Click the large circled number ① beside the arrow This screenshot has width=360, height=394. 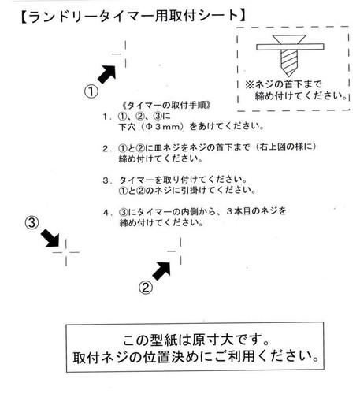click(91, 91)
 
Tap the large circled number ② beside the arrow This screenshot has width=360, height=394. click(146, 288)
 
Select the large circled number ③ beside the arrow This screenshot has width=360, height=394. click(32, 223)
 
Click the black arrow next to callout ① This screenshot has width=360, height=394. click(107, 74)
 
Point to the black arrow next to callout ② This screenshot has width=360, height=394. click(161, 271)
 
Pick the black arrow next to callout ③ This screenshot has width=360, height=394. click(50, 238)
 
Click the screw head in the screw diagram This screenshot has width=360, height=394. click(289, 39)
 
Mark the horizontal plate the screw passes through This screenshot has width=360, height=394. click(290, 47)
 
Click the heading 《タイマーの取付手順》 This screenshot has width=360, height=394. click(167, 106)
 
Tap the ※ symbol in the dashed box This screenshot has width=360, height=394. click(250, 84)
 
